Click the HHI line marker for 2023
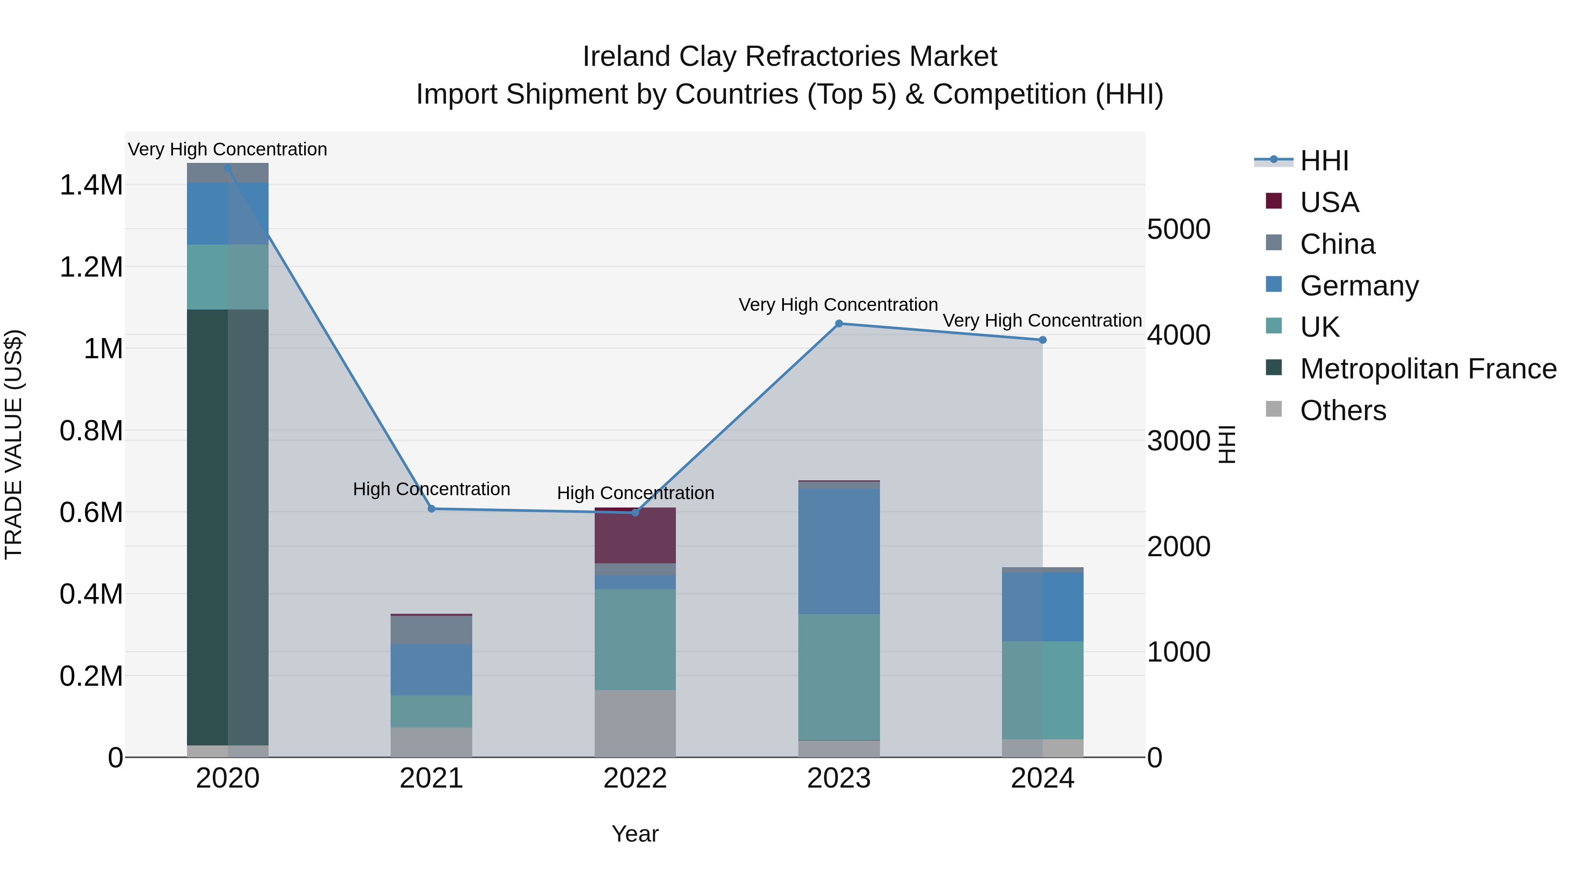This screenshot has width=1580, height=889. click(838, 323)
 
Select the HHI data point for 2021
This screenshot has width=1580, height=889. click(431, 509)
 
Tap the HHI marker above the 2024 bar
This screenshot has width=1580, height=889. click(1042, 340)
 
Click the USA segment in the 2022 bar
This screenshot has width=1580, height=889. click(635, 536)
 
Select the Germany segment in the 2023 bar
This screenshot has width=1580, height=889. click(838, 551)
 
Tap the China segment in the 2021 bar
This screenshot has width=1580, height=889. click(431, 630)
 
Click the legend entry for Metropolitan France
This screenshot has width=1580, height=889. click(1428, 369)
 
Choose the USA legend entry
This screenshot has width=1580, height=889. click(1329, 202)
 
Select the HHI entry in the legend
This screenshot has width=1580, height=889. click(1324, 161)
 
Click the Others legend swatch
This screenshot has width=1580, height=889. click(1273, 409)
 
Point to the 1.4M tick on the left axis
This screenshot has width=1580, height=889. click(91, 185)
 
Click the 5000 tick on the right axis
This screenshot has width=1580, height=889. click(1178, 230)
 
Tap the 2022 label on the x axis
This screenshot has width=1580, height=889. click(635, 778)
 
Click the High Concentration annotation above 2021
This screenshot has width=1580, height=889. click(431, 489)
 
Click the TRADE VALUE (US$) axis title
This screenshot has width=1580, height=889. click(14, 444)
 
